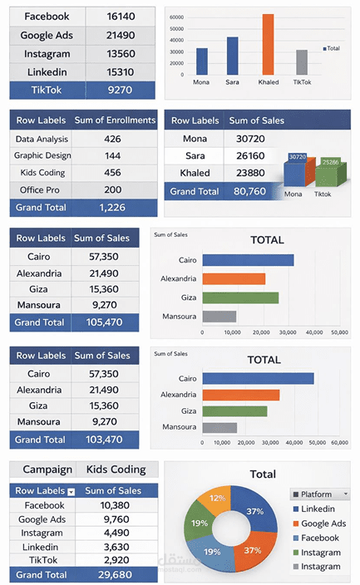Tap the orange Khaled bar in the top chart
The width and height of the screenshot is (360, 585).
coord(268,44)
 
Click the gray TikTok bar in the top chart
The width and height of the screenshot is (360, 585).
coord(302,62)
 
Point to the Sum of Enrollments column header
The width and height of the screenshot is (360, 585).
coord(114,120)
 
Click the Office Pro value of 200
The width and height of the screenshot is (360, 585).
coord(113,189)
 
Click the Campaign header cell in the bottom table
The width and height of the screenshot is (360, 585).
coord(42,469)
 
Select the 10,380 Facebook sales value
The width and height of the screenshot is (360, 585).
coord(115,505)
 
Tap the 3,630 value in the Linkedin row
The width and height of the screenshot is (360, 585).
coord(115,546)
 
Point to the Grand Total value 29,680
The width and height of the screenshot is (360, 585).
coord(115,574)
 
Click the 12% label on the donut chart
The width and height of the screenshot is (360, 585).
coord(217,497)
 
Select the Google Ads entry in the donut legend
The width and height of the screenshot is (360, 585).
coord(323,524)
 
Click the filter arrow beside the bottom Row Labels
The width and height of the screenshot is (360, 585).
coord(71,492)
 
